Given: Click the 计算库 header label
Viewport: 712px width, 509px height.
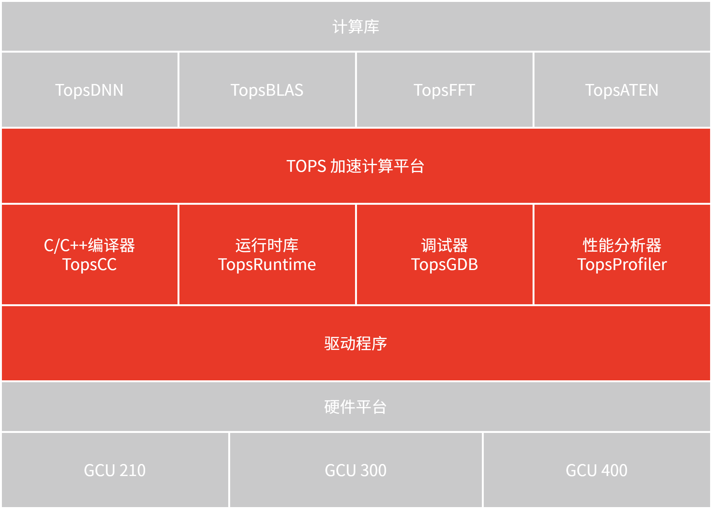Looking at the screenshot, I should click(x=356, y=27).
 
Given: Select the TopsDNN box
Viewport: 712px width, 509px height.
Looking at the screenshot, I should click(x=89, y=90).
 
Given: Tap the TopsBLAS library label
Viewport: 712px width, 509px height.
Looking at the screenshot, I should click(x=267, y=90).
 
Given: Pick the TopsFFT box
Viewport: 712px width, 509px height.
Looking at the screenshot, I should click(x=444, y=90).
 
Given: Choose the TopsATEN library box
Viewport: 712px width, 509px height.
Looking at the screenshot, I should click(x=622, y=90).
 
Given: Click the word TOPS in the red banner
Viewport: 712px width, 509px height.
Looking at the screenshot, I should click(x=306, y=166).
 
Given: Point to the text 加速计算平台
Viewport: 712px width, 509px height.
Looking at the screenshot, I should click(x=377, y=166).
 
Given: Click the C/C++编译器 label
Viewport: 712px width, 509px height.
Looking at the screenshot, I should click(x=89, y=245).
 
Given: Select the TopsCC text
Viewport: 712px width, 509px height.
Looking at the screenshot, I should click(x=89, y=264).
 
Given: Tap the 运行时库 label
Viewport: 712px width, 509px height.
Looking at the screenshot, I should click(x=267, y=245).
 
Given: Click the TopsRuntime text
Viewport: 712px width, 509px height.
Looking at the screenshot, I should click(x=267, y=264).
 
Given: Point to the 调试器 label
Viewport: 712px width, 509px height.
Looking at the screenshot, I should click(x=444, y=245).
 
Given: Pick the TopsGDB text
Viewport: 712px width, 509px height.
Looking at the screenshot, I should click(x=444, y=264).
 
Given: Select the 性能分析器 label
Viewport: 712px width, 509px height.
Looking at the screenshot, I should click(x=622, y=245).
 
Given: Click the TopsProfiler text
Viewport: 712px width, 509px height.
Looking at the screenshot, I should click(x=622, y=264).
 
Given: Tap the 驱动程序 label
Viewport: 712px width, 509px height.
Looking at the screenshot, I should click(x=356, y=344).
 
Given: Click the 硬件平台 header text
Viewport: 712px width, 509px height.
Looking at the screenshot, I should click(x=356, y=407).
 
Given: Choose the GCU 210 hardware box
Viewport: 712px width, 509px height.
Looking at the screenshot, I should click(x=115, y=470).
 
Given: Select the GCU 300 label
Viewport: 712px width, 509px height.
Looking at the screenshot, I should click(x=356, y=470).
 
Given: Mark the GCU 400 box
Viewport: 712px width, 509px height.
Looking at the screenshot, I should click(x=597, y=470).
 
